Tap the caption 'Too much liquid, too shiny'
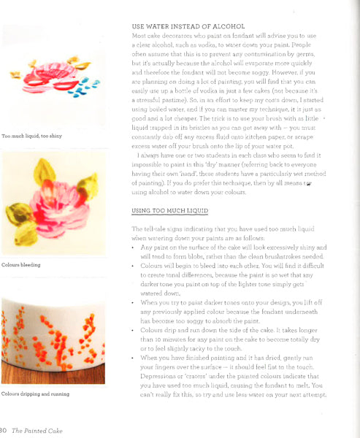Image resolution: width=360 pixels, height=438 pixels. pyautogui.click(x=31, y=136)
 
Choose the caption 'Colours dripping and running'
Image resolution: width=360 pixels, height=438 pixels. pyautogui.click(x=34, y=394)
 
